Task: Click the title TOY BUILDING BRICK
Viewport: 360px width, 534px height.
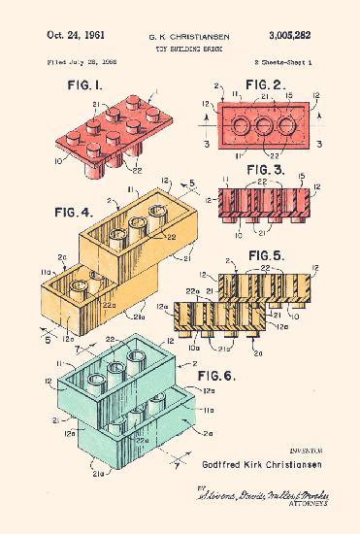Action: tap(180, 47)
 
